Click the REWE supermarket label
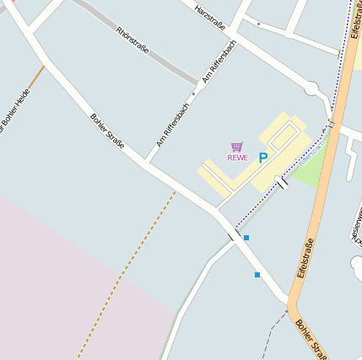(x=237, y=157)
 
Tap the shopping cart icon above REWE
(x=236, y=147)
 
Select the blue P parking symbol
(x=262, y=157)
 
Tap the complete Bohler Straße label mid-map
(x=107, y=130)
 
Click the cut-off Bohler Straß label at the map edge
(x=311, y=338)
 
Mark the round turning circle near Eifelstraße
(x=311, y=88)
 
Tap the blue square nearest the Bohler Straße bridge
(x=246, y=238)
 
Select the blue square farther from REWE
(x=257, y=275)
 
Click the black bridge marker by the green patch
(x=282, y=181)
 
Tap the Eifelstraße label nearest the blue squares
(x=305, y=253)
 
